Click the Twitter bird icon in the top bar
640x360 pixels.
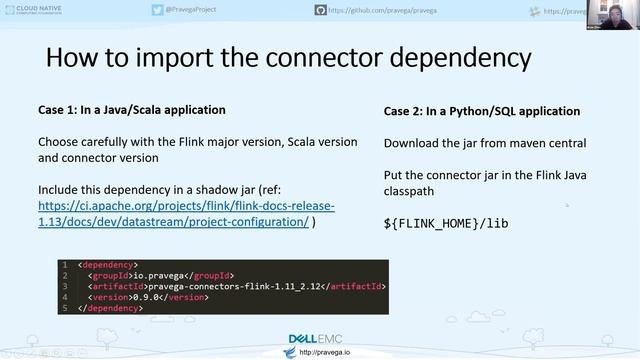pyautogui.click(x=157, y=10)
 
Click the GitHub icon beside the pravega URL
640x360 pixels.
pyautogui.click(x=320, y=10)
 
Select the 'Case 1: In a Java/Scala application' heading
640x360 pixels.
pyautogui.click(x=131, y=109)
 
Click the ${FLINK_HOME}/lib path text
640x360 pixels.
pyautogui.click(x=446, y=223)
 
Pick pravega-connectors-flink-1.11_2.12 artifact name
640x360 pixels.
pyautogui.click(x=232, y=286)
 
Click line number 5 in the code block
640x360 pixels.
pyautogui.click(x=64, y=308)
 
